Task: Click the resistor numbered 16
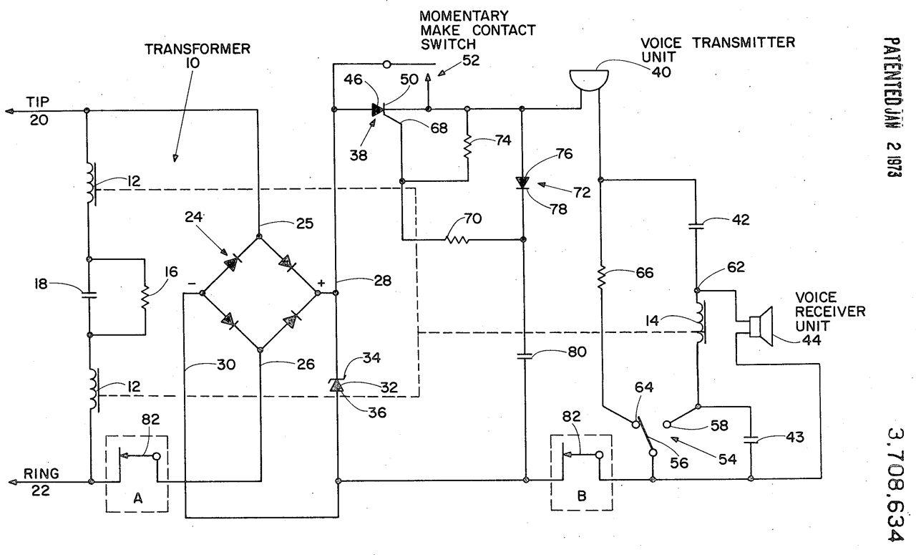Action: [x=145, y=296]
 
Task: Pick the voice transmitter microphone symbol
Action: [x=587, y=78]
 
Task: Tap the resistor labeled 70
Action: [x=459, y=239]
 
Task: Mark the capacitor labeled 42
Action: [x=697, y=225]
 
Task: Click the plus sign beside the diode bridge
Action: [x=321, y=282]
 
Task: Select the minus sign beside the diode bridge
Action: [x=193, y=283]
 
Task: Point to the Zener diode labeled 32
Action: [x=335, y=386]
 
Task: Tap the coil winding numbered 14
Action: [x=698, y=324]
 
